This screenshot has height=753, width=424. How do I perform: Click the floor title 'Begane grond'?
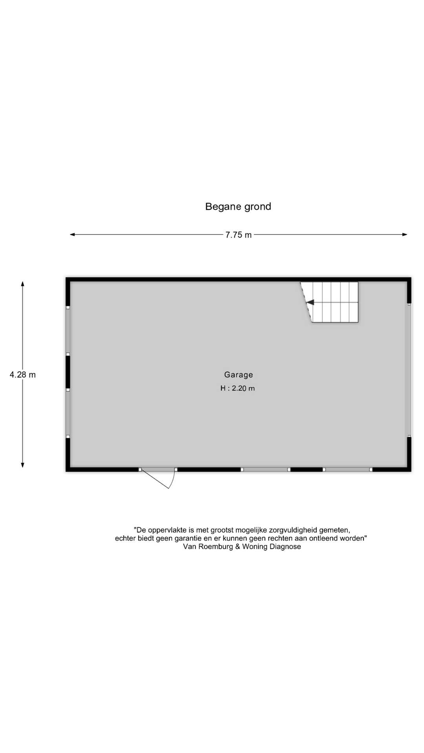pos(238,207)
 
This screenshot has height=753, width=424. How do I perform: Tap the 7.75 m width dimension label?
pos(238,235)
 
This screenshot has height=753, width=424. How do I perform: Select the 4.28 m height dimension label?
pos(23,375)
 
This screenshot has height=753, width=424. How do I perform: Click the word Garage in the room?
pos(238,375)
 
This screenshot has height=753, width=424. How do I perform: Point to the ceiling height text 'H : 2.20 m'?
pos(238,388)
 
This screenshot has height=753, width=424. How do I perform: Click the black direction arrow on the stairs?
pos(310,302)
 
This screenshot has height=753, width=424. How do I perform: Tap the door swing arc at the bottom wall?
pos(172,479)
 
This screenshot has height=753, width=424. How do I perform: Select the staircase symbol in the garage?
pos(330,302)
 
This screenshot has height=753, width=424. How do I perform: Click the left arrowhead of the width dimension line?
pos(72,235)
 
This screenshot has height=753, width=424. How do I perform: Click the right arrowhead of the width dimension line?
pos(405,235)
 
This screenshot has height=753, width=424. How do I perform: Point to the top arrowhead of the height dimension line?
pos(23,284)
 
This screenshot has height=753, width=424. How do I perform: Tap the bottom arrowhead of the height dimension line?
pos(23,465)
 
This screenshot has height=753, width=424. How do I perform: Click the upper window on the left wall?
pos(68,331)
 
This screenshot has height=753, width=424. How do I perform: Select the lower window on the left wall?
pos(68,413)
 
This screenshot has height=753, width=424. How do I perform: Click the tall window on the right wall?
pos(409,370)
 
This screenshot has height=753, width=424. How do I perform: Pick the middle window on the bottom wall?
pos(266,469)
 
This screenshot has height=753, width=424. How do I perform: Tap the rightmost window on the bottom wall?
pos(348,469)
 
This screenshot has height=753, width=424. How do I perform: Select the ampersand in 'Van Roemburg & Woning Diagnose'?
pos(238,547)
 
